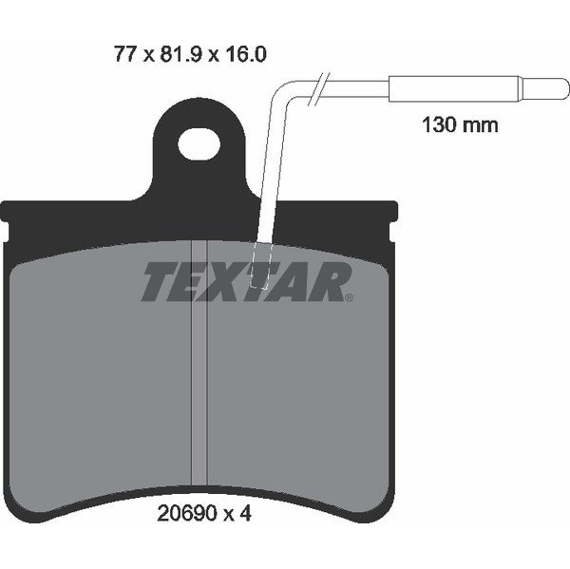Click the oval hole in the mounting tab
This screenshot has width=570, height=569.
(x=199, y=145)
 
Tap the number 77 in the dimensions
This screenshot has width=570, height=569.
(x=125, y=54)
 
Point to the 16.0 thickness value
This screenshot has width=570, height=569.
(x=246, y=54)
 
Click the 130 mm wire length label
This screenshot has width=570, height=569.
(x=460, y=124)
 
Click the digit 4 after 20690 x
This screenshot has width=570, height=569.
(x=246, y=514)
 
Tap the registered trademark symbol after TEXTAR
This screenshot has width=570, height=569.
(x=349, y=298)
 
